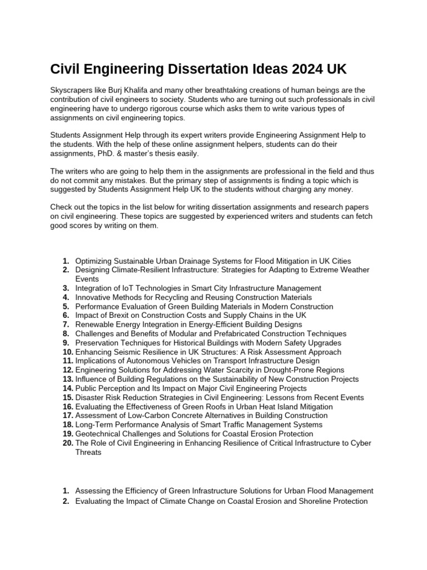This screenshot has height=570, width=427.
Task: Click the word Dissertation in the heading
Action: click(205, 70)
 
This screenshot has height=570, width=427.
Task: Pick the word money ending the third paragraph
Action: click(339, 189)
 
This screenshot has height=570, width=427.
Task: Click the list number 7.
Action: click(66, 325)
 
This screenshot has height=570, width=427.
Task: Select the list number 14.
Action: click(68, 388)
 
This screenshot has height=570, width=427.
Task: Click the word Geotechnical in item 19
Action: click(98, 434)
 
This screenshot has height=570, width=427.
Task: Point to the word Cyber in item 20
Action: click(361, 443)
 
